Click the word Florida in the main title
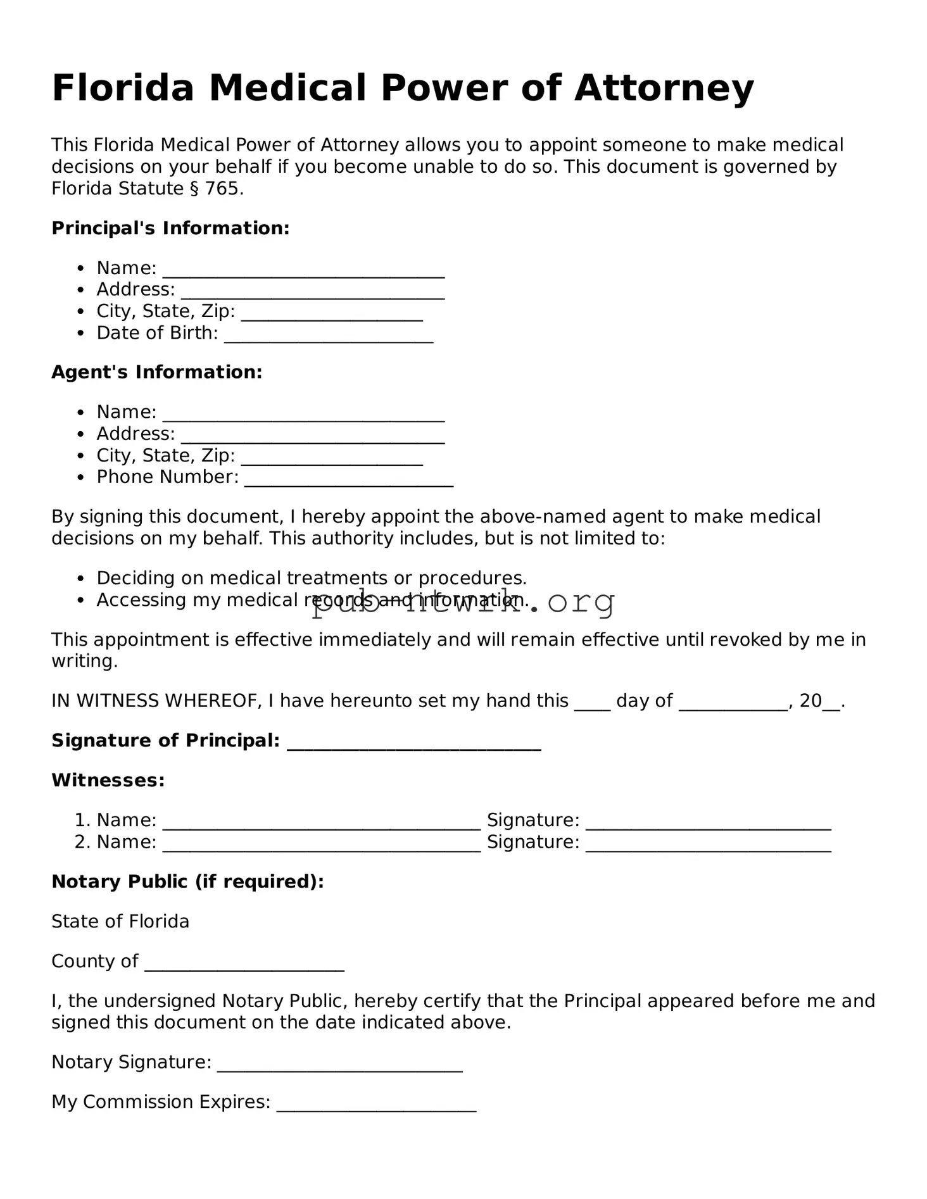coord(123,88)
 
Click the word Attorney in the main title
coord(664,88)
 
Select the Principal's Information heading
coord(170,228)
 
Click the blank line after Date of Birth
coord(329,336)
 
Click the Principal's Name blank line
coord(303,272)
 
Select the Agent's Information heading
coord(156,372)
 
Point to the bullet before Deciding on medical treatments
coord(80,579)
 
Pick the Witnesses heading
coord(108,780)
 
